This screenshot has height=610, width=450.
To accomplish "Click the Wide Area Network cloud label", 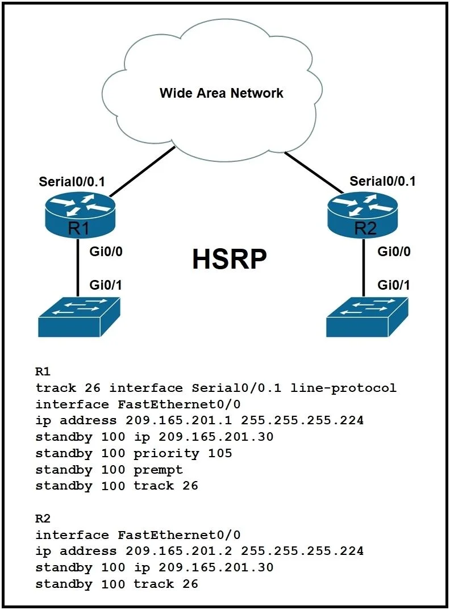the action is [222, 93].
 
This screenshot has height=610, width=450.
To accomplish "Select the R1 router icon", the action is [80, 215].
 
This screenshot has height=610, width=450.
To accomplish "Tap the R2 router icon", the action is [363, 215].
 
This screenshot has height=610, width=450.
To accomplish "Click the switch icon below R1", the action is [79, 317].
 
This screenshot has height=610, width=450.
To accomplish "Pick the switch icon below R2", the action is [367, 317].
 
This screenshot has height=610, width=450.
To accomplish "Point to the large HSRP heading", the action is [230, 258].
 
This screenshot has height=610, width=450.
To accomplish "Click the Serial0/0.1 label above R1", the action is [72, 182].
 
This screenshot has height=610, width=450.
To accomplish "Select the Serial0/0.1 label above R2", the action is [382, 181].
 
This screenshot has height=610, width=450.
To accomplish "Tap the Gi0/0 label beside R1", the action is [106, 252].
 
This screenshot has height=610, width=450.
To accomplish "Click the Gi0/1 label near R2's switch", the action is [394, 285].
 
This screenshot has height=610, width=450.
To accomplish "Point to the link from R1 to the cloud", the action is [142, 172].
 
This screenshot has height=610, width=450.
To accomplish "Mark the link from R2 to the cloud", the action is [314, 172].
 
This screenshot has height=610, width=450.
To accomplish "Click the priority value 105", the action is [220, 453].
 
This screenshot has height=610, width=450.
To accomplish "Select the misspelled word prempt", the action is [158, 470].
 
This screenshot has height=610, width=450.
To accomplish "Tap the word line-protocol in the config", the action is [343, 388].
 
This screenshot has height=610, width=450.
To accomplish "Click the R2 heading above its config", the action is [43, 519].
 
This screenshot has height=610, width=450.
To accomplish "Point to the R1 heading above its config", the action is [43, 371].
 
